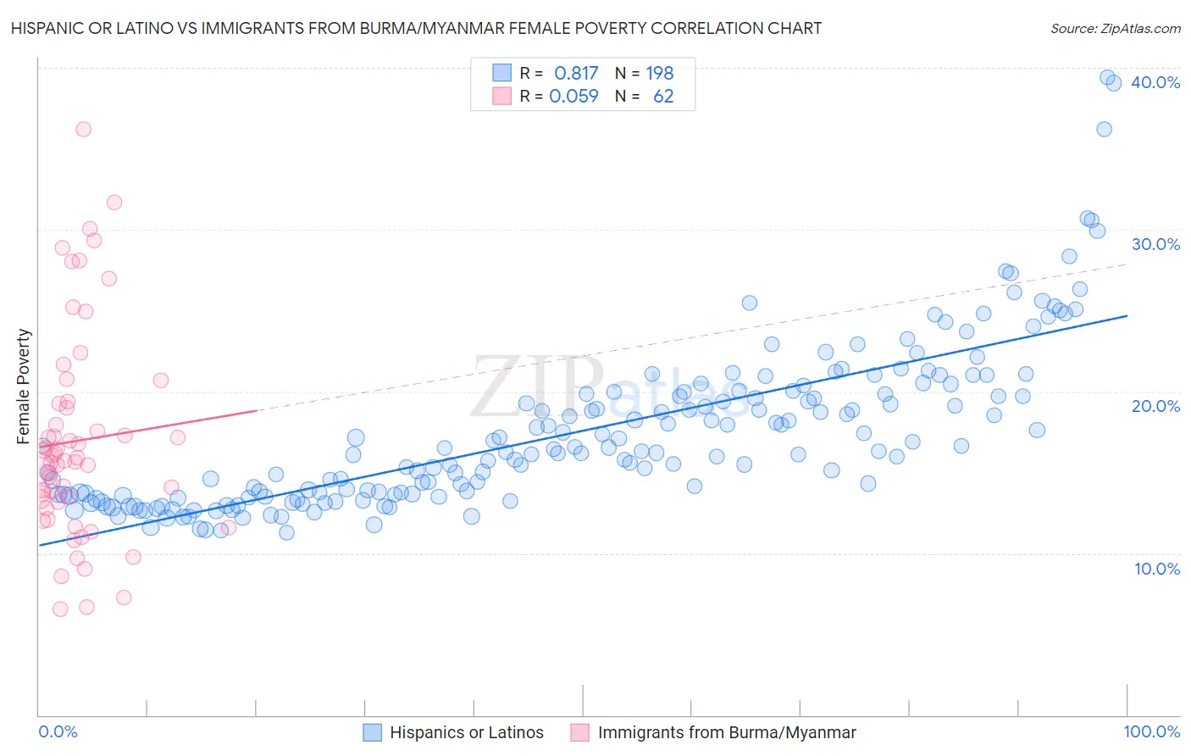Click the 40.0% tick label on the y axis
[x=1155, y=82]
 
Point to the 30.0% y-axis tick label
[x=1155, y=244]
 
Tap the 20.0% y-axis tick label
[x=1155, y=406]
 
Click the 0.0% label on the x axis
[x=58, y=732]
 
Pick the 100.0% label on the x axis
[x=1151, y=732]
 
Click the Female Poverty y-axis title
[x=24, y=386]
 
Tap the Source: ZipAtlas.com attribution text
[x=1115, y=28]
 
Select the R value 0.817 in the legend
[x=576, y=73]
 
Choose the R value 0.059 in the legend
[x=573, y=96]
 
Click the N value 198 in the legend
[x=660, y=73]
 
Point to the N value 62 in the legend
[x=663, y=96]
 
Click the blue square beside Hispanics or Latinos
[x=373, y=732]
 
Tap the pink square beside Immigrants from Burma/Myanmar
[x=580, y=732]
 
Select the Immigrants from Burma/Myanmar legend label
[x=727, y=732]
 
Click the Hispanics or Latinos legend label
[x=467, y=732]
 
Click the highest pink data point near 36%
[x=83, y=129]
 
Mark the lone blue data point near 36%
[x=1104, y=129]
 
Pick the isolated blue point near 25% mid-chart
[x=749, y=303]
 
